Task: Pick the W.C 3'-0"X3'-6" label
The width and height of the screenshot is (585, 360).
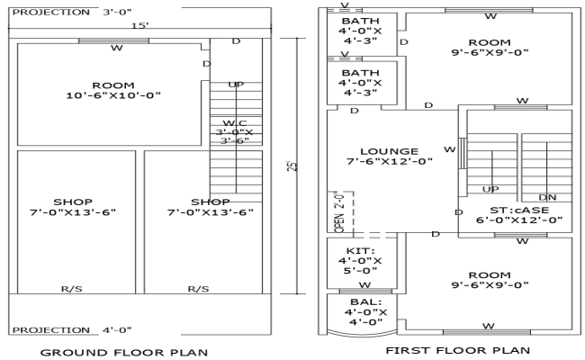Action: click(235, 131)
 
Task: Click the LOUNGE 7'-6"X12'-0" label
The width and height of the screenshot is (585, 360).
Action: click(390, 157)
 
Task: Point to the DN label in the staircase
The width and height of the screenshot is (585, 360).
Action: click(547, 197)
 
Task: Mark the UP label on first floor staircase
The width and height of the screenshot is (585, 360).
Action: click(490, 191)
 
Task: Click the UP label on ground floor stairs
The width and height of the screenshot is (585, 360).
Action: click(236, 85)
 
